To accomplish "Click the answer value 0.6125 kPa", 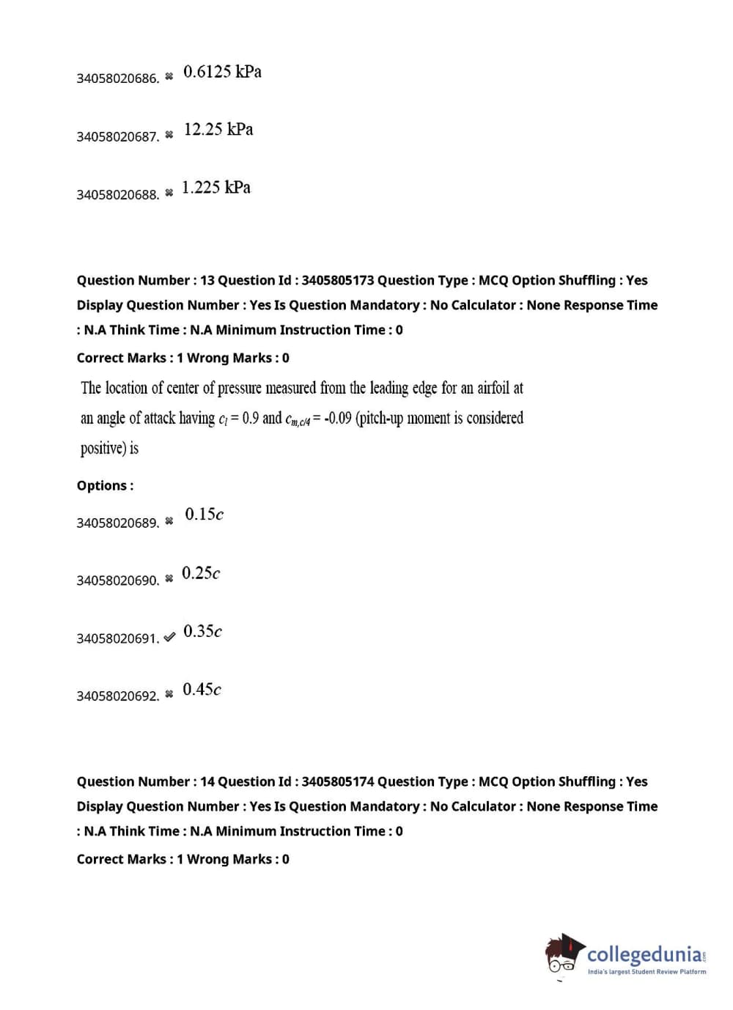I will (x=222, y=72).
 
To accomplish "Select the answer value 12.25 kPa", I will (x=218, y=130).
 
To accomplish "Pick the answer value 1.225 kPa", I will (x=216, y=188).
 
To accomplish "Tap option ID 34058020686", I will (x=117, y=78).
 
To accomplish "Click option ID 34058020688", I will (x=117, y=195).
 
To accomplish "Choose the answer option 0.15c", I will (x=204, y=515).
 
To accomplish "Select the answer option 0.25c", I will (x=201, y=573).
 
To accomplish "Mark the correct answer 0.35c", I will (x=202, y=632).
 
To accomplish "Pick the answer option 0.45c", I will (x=202, y=690).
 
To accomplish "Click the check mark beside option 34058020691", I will (x=169, y=638).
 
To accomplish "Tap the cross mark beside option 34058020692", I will (x=169, y=695).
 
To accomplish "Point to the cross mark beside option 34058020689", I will (x=169, y=522).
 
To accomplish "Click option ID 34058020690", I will (x=117, y=580).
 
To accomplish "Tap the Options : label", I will (x=105, y=485).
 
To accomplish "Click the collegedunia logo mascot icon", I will (x=563, y=954).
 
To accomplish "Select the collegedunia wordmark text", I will (x=645, y=954).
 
